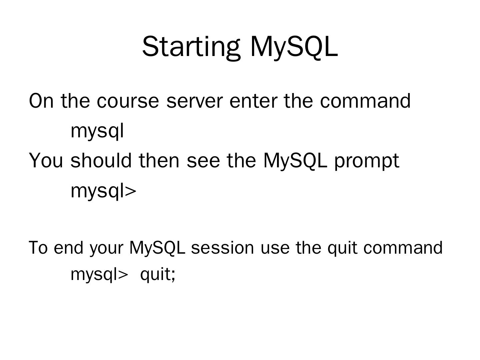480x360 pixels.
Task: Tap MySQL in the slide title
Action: coord(294,47)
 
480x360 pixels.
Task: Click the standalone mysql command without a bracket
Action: coord(97,131)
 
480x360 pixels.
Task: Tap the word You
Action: coord(46,160)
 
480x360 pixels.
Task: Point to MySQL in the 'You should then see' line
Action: coord(295,160)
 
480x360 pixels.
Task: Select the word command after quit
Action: coord(403,248)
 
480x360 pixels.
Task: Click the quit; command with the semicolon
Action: coord(158,275)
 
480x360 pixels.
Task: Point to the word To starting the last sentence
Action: coord(38,248)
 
